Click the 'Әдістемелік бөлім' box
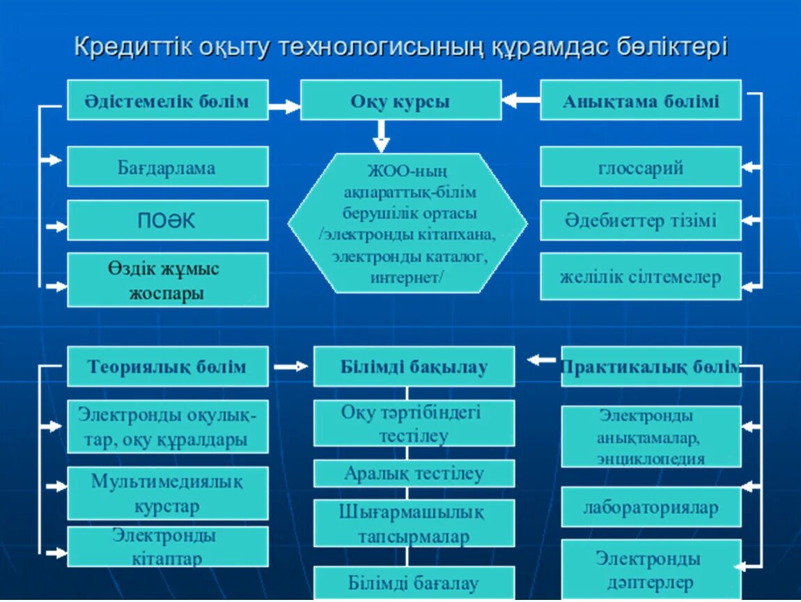[x=167, y=100]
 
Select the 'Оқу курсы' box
[x=400, y=100]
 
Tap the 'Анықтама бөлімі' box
[x=640, y=100]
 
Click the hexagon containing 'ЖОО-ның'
[x=407, y=223]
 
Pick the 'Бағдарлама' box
[x=167, y=167]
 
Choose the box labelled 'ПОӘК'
[x=167, y=220]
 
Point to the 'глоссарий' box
[x=640, y=167]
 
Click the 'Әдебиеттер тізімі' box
[x=640, y=220]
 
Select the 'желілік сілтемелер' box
[x=640, y=276]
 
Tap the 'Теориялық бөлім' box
[x=167, y=366]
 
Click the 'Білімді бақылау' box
[x=414, y=366]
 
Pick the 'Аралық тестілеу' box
[x=414, y=474]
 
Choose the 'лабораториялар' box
[x=651, y=507]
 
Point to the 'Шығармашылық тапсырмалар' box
[x=414, y=523]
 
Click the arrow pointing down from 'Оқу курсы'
[x=380, y=137]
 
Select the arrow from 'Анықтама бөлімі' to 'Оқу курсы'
[x=520, y=100]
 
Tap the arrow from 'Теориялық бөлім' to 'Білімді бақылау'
[x=290, y=366]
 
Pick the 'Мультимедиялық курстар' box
[x=167, y=493]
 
